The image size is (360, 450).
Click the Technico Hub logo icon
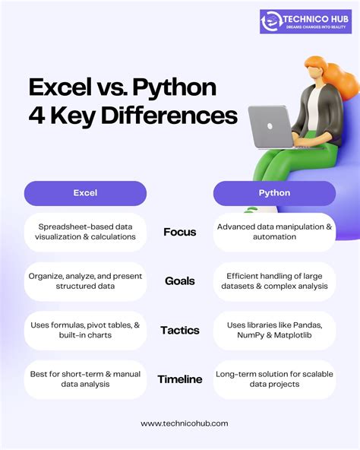271,22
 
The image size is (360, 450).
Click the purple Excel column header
85,193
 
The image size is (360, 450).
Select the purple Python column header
274,193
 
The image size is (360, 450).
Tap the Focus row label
180,232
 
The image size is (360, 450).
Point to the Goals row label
180,280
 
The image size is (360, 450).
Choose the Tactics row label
180,330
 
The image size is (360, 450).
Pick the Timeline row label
180,379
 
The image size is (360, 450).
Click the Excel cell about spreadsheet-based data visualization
85,232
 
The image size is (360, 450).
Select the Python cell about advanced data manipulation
274,232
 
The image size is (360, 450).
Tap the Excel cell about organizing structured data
85,280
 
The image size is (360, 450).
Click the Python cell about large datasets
274,280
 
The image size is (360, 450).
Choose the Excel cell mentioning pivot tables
85,330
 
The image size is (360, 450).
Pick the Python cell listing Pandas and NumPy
274,330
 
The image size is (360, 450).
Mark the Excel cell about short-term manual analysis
85,379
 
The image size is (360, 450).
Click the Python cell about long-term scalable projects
274,379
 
